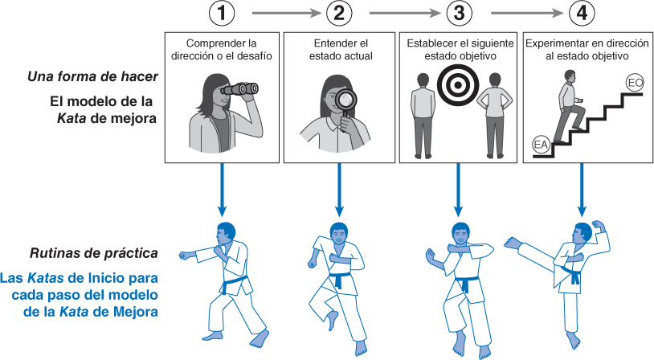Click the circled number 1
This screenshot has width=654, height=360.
pyautogui.click(x=222, y=13)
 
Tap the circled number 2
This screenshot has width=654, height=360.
pyautogui.click(x=341, y=13)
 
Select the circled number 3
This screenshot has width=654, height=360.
pyautogui.click(x=459, y=13)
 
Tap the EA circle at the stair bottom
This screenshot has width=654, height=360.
pyautogui.click(x=541, y=145)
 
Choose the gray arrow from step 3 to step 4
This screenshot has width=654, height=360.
pyautogui.click(x=521, y=13)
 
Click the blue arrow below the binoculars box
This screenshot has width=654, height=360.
pyautogui.click(x=222, y=189)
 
